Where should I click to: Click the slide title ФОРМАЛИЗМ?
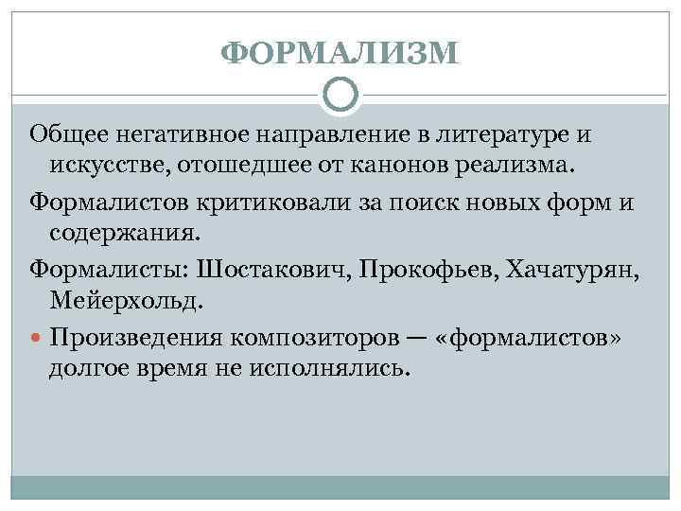point(340,53)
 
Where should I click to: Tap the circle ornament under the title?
point(340,94)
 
